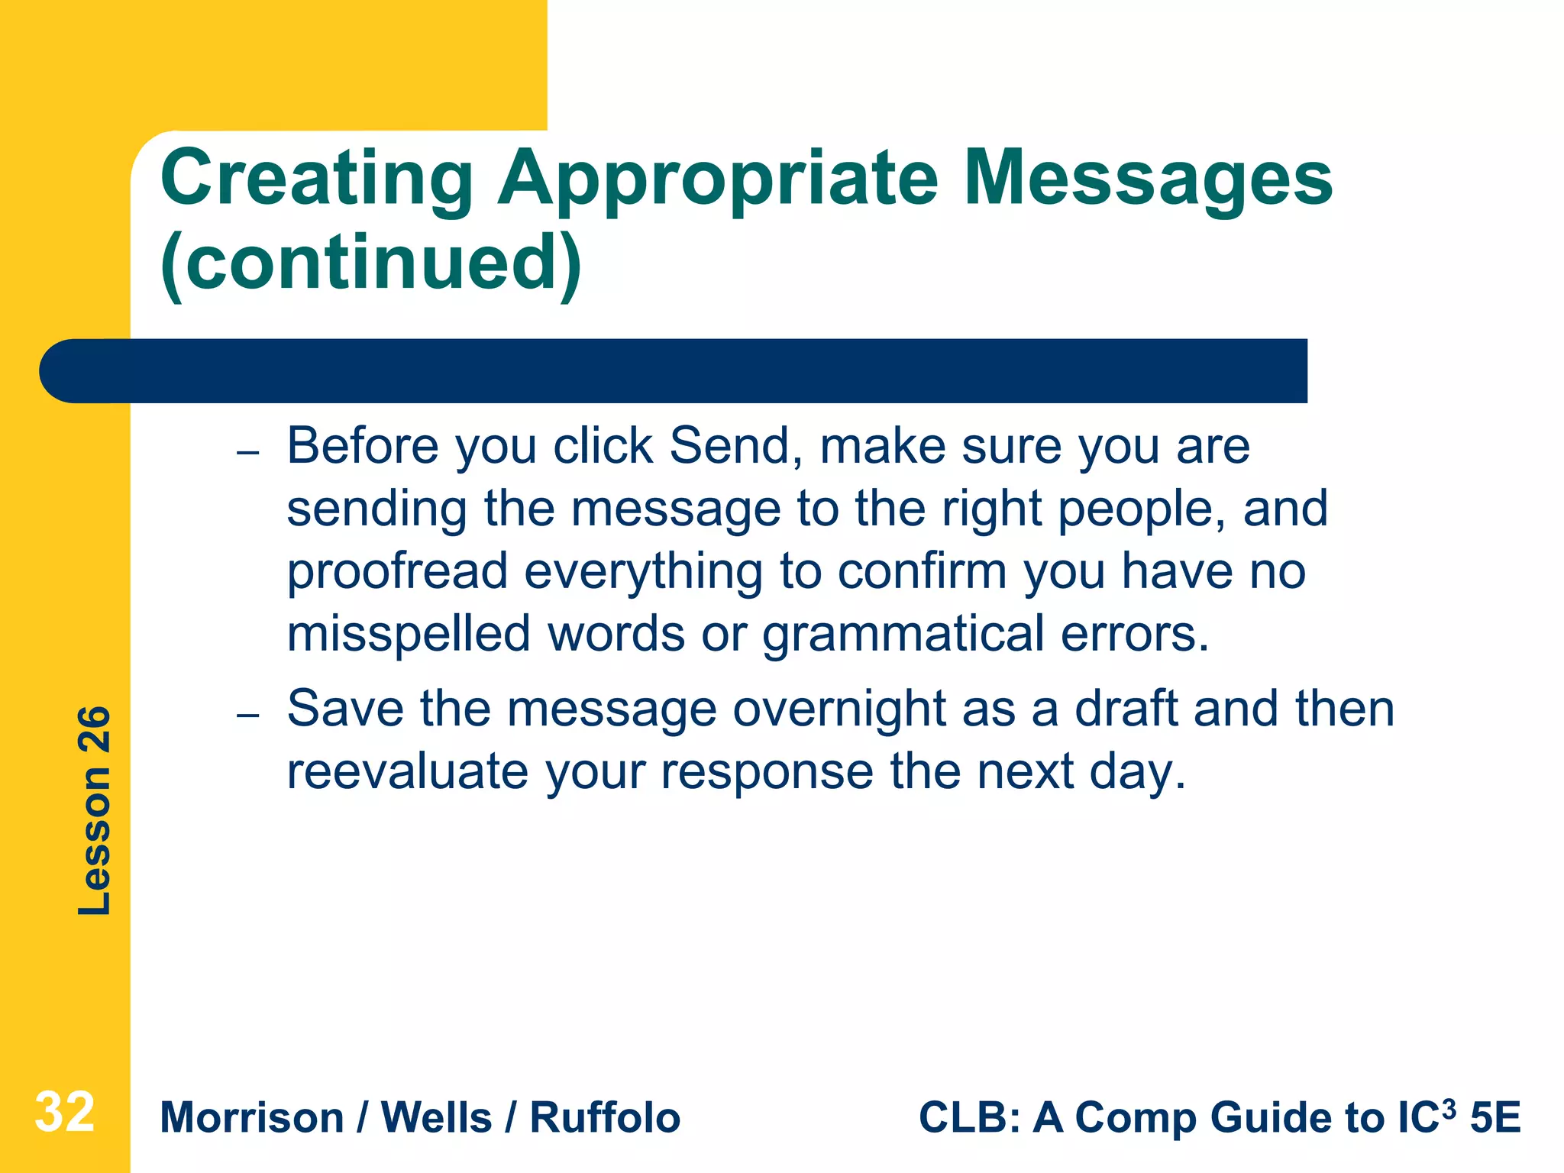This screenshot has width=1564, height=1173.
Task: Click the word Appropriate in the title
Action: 718,179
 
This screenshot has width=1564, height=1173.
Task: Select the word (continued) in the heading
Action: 371,263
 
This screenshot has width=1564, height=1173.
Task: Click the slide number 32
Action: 65,1113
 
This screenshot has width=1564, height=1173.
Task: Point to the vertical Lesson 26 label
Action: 95,810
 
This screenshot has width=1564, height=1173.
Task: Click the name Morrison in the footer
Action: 252,1118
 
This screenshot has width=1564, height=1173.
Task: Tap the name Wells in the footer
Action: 436,1118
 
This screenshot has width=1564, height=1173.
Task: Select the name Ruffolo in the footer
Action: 605,1118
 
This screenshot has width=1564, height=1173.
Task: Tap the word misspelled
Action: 409,635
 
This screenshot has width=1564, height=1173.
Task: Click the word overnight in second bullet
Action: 839,709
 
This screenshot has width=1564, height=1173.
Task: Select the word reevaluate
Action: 407,771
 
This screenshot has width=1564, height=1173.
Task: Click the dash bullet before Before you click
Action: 248,453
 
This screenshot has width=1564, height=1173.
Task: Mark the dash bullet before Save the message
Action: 248,716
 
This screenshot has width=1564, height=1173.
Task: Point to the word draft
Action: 1126,709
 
